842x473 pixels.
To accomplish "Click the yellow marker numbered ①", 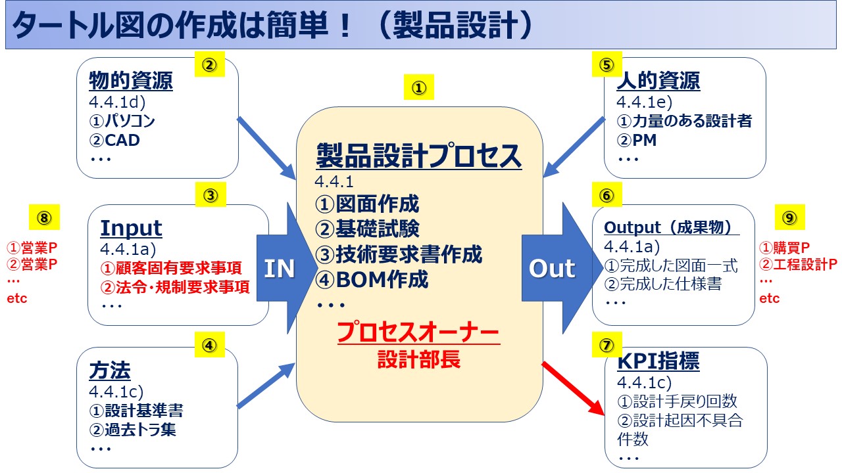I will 419,88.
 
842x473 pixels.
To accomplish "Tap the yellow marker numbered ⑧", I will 43,216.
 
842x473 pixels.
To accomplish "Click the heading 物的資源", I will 130,81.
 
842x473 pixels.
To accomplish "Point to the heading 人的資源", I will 658,81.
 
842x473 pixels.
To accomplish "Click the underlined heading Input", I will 131,228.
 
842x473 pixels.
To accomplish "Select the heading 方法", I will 109,371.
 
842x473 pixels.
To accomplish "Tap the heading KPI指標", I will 658,361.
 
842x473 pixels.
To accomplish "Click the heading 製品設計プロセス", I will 419,156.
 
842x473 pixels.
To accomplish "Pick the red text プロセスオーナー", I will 418,333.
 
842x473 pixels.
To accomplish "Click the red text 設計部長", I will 418,359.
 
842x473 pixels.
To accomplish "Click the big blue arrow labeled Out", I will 551,268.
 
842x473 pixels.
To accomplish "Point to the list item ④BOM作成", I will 372,280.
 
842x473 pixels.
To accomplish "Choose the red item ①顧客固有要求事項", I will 170,268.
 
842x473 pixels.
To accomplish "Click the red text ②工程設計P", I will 798,265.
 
